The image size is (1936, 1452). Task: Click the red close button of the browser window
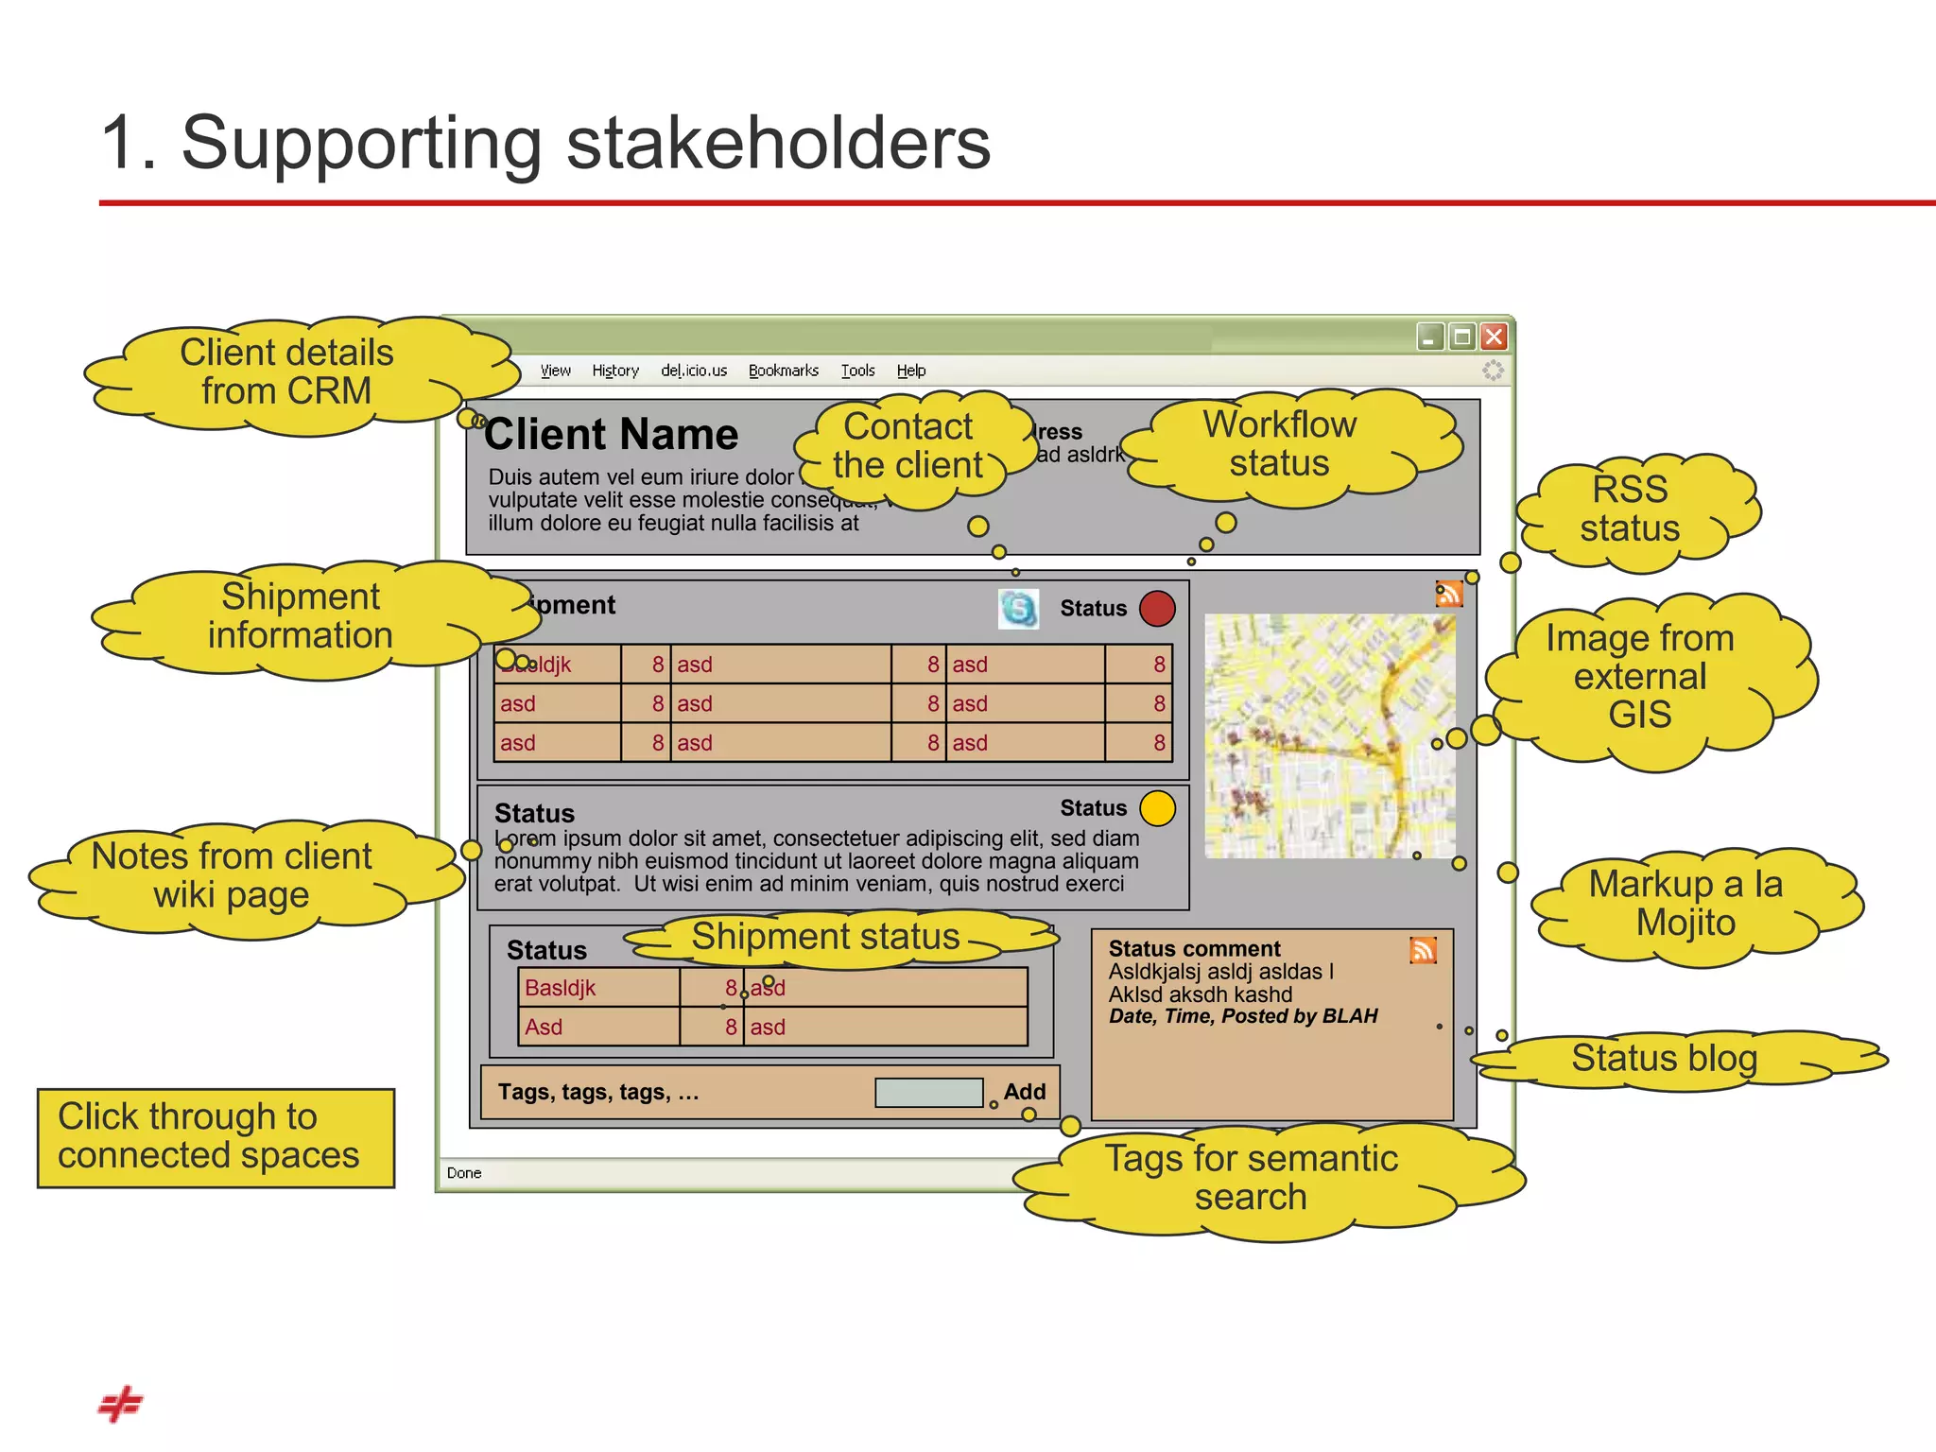coord(1494,337)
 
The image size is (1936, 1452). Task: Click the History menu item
coord(615,371)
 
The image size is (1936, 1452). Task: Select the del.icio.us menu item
coord(694,371)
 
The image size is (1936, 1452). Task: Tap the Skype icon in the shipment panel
coord(1018,609)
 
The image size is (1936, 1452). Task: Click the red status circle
coord(1157,609)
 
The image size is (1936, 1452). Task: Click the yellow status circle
coord(1157,808)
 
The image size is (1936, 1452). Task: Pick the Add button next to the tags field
coord(1025,1092)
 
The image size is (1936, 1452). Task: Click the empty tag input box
coord(929,1093)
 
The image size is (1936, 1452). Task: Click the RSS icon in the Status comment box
coord(1423,949)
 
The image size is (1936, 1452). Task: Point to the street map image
coord(1329,735)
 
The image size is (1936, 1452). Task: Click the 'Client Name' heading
coord(612,435)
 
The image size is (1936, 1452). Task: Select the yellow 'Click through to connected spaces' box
coord(216,1137)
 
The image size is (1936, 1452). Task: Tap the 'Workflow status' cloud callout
coord(1279,445)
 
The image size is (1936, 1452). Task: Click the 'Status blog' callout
coord(1664,1058)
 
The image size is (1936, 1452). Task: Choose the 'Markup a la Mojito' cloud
coord(1685,904)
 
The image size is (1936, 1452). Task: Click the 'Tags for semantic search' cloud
coord(1252,1178)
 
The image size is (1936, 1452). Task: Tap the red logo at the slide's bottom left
coord(120,1405)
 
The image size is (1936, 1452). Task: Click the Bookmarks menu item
coord(784,371)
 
